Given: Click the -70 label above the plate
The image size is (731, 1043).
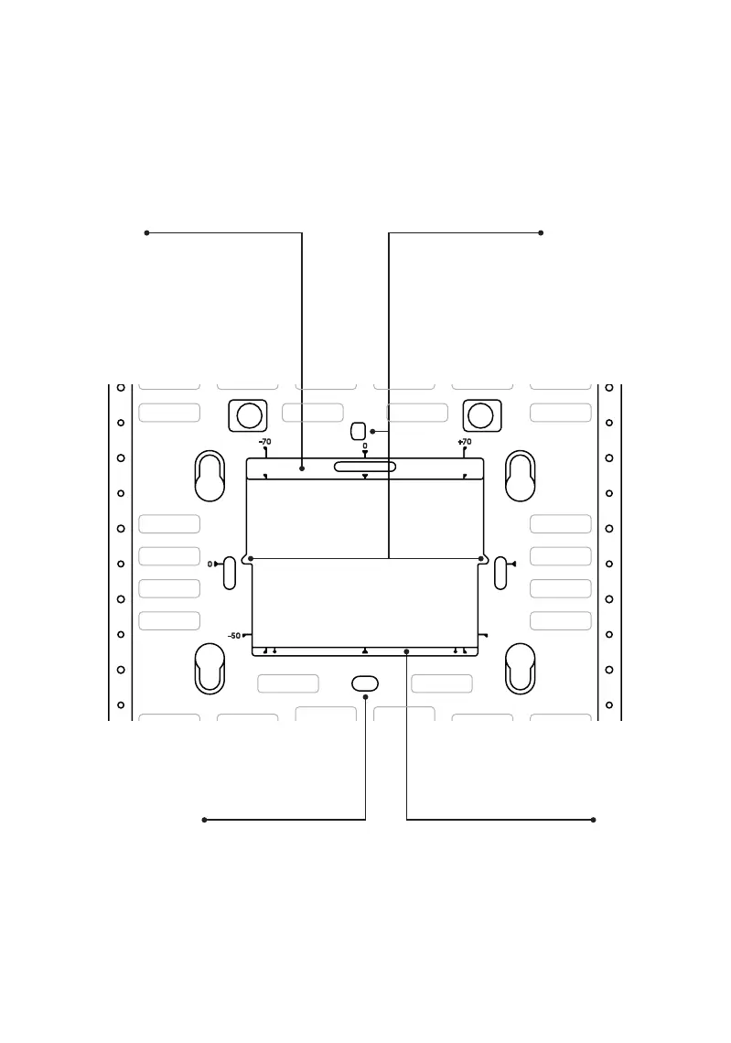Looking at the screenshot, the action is click(x=264, y=442).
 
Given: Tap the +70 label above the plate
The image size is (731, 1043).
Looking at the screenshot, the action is click(x=464, y=442).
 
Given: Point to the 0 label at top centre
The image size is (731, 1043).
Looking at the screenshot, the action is click(x=364, y=446).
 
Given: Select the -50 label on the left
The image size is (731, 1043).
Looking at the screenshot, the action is click(x=234, y=636).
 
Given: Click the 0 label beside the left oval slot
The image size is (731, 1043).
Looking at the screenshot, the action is click(x=210, y=565).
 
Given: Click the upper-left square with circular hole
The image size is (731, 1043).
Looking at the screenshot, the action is click(x=248, y=415).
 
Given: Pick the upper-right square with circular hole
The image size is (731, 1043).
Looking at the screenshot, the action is click(x=482, y=415).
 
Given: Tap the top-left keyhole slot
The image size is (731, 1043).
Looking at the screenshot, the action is click(x=210, y=476).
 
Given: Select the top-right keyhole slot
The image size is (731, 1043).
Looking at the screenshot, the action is click(x=521, y=476).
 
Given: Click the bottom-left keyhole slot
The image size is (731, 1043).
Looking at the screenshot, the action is click(x=210, y=669).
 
